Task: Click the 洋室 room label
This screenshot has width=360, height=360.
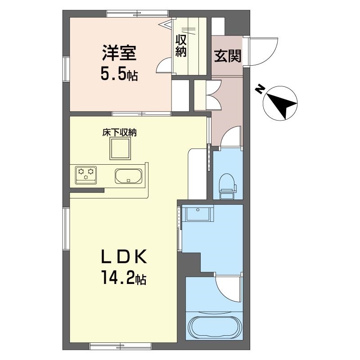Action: tap(119, 53)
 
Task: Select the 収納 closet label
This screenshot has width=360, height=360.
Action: tap(181, 46)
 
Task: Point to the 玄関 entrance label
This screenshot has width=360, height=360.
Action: tap(228, 55)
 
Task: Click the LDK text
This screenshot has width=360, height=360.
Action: tap(124, 256)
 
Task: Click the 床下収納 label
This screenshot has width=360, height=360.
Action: tap(119, 132)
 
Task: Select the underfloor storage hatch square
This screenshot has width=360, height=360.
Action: tap(120, 148)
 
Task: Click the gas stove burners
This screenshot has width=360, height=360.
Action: tap(86, 175)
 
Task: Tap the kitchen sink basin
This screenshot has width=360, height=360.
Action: tap(129, 176)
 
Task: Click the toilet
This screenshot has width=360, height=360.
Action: tap(227, 186)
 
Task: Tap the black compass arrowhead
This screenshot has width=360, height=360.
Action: tap(283, 104)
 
